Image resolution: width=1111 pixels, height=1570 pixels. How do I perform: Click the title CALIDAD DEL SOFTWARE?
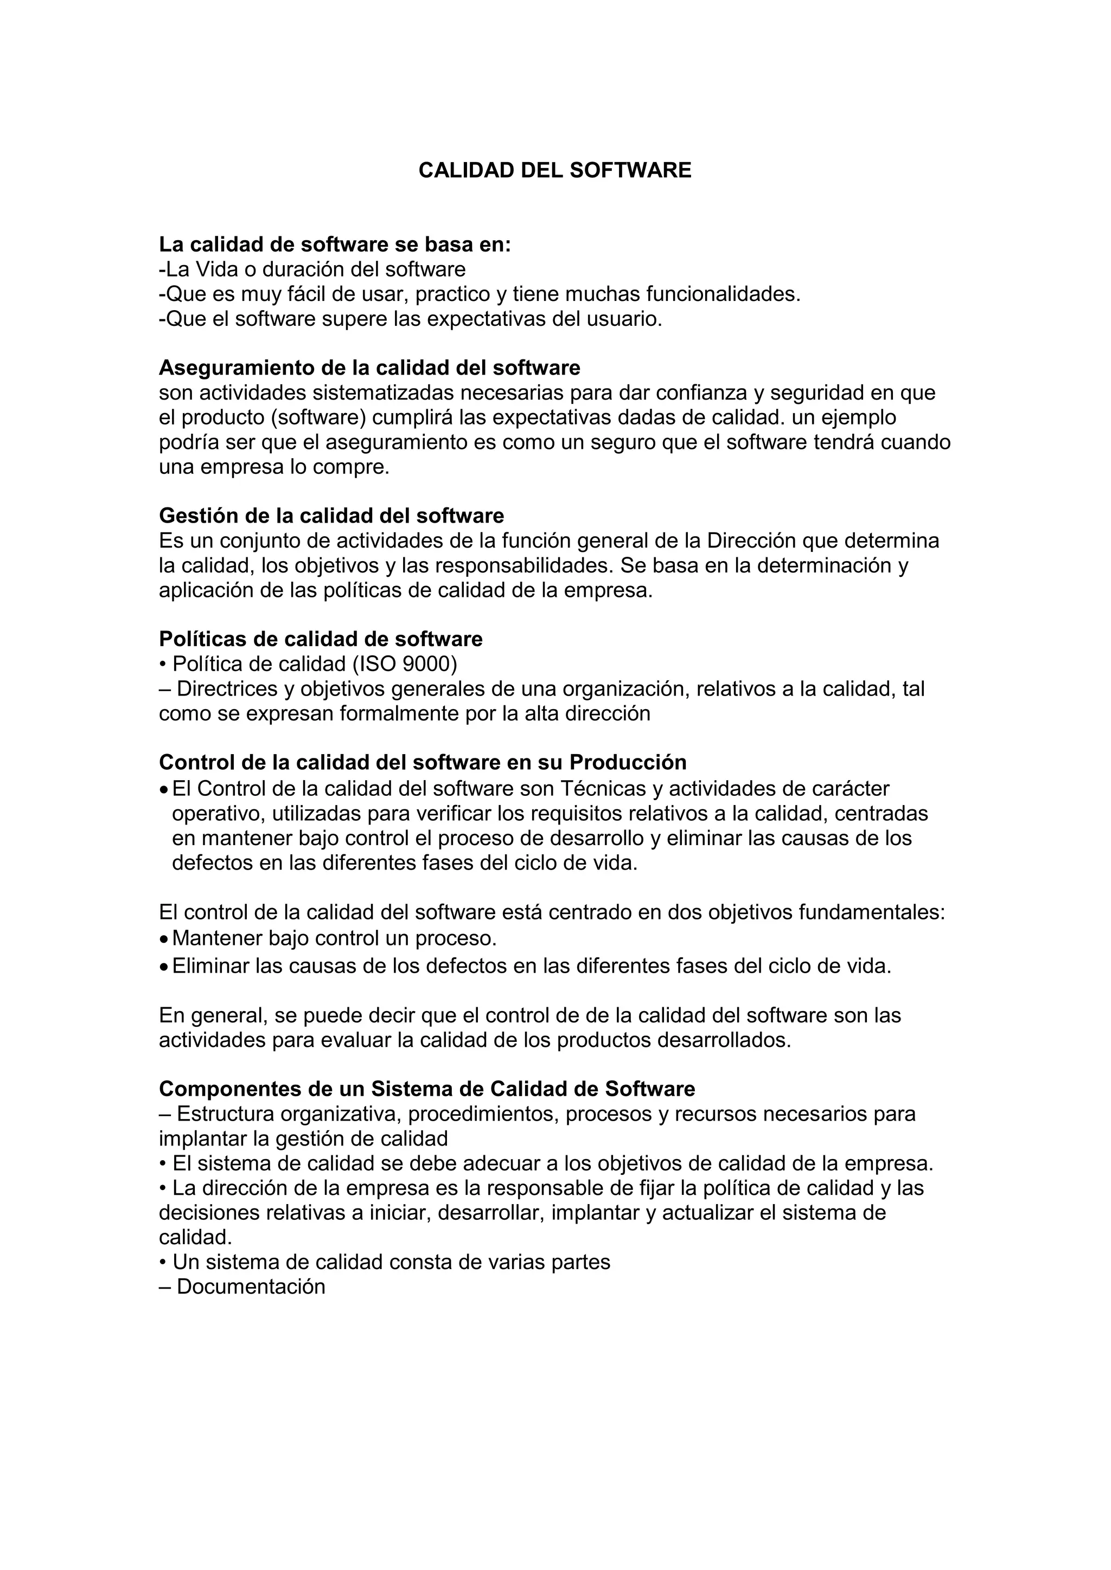click(x=555, y=170)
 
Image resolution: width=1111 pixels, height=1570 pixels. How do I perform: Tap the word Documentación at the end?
click(x=251, y=1287)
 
